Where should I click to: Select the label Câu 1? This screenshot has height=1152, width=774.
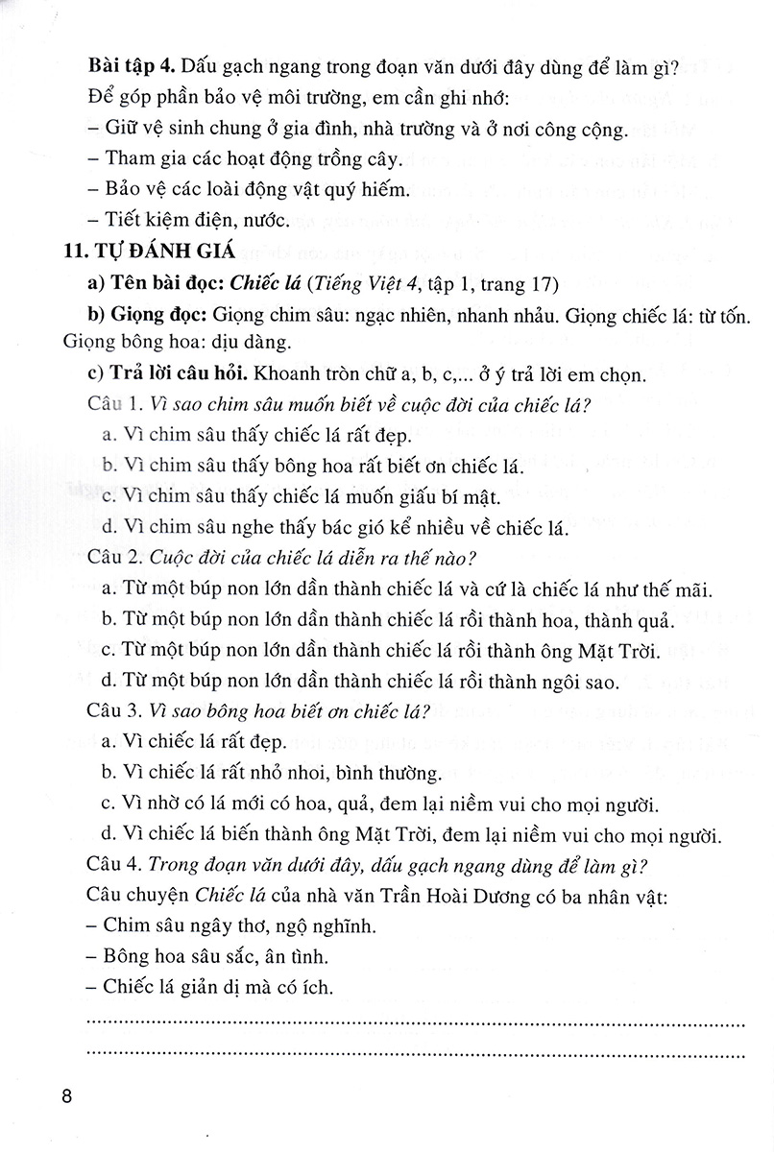pyautogui.click(x=111, y=406)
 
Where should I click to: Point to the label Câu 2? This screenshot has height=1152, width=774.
pyautogui.click(x=111, y=557)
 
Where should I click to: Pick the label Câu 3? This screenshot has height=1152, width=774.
pyautogui.click(x=111, y=713)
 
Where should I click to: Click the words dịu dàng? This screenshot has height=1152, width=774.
pyautogui.click(x=244, y=341)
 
